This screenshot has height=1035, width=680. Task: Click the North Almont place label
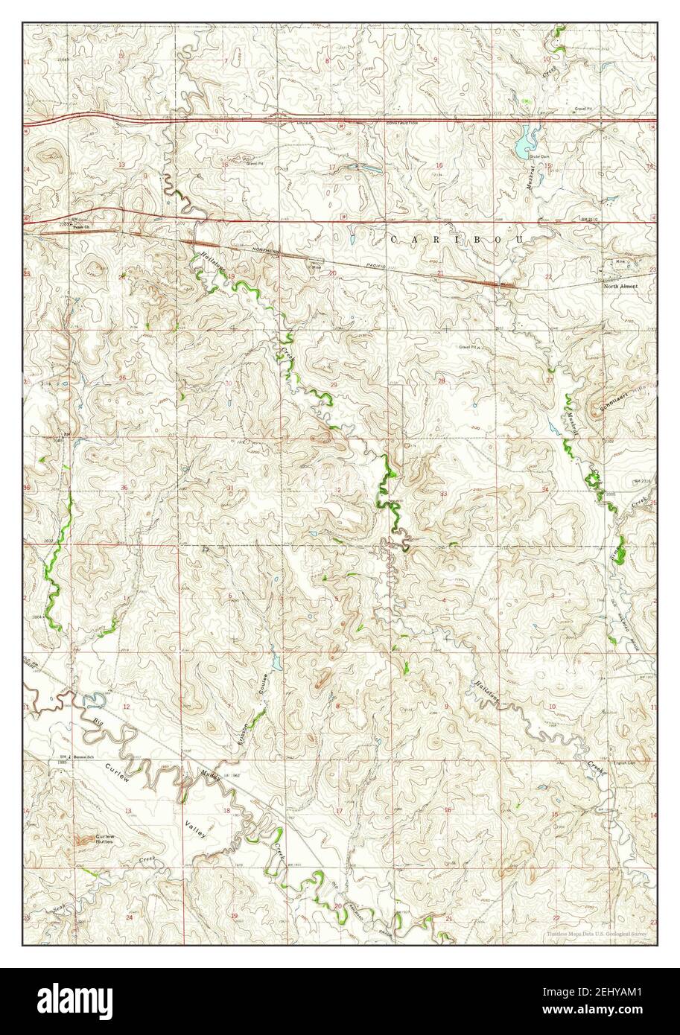click(620, 286)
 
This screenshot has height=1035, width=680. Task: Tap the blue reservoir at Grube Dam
click(528, 139)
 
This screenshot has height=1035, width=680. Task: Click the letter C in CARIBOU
click(395, 239)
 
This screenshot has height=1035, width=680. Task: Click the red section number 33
click(443, 494)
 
